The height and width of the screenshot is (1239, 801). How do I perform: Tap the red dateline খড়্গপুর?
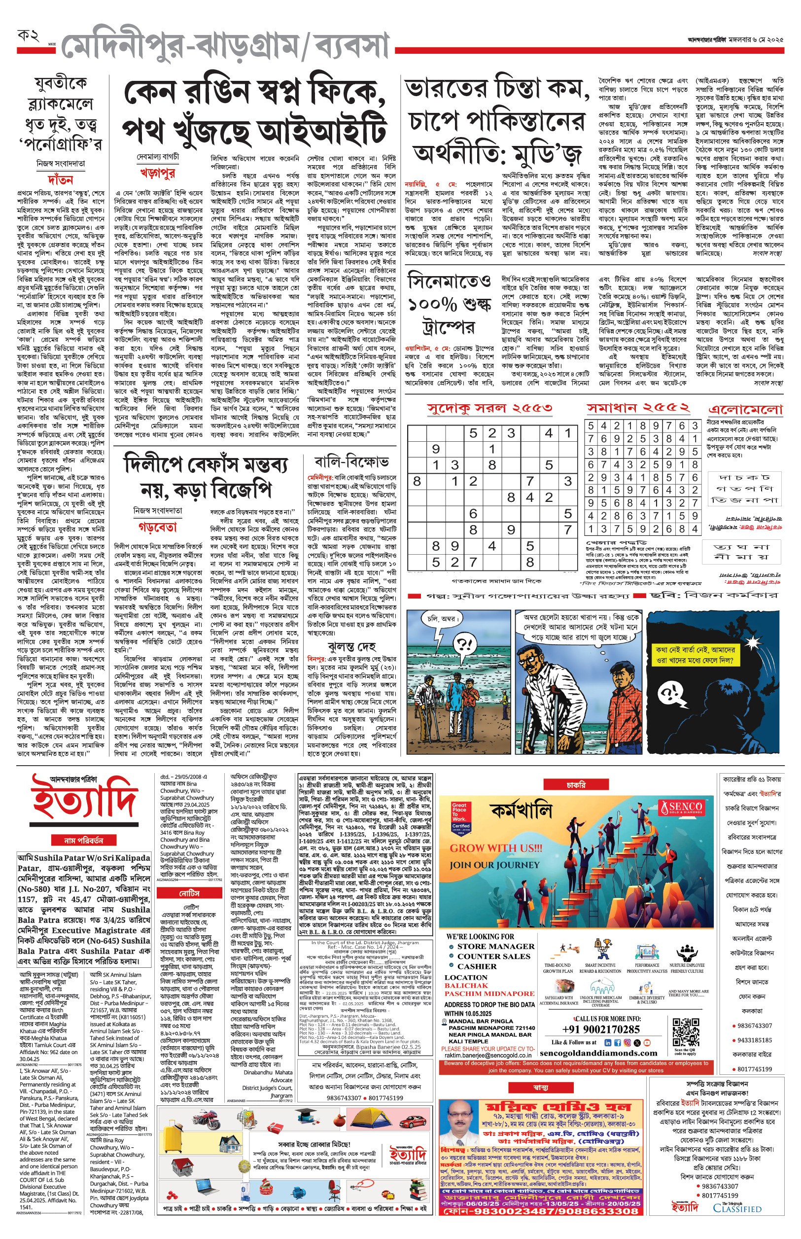pyautogui.click(x=157, y=173)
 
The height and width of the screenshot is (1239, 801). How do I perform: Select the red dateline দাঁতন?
pyautogui.click(x=60, y=180)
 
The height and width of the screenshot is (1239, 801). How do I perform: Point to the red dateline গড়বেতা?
pyautogui.click(x=157, y=527)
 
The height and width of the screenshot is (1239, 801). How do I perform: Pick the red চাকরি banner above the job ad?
pyautogui.click(x=576, y=785)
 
